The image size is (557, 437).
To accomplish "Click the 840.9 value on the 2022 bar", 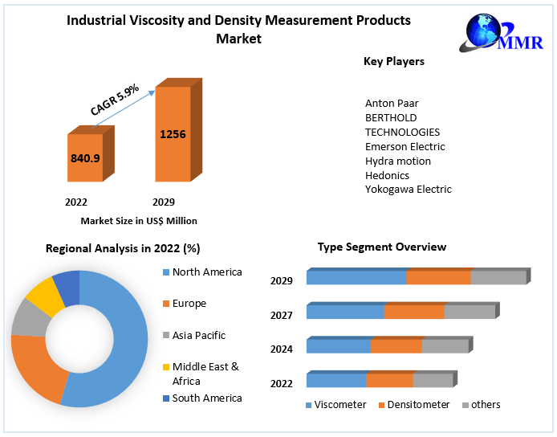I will point(85,158).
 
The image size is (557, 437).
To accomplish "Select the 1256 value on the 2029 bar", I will point(173,134).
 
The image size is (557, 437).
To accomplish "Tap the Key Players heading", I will point(394,61).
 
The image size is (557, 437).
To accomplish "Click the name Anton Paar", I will point(392,103).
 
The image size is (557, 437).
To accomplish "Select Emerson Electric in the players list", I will point(405,146).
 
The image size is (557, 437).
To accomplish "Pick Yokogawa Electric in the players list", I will point(408,190).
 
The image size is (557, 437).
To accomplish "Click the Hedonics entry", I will point(387,175).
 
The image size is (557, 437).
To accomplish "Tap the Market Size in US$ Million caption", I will point(139,220).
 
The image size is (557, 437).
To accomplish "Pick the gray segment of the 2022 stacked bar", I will point(433,381).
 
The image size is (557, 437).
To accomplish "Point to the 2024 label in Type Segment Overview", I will point(281,349).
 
